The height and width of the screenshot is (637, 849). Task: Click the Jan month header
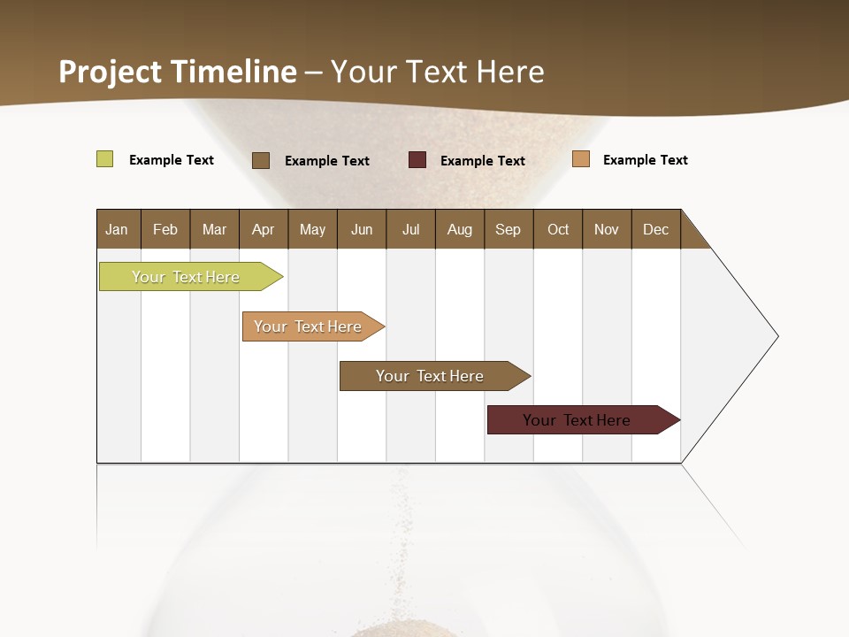pos(117,229)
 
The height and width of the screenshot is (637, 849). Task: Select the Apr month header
pos(263,229)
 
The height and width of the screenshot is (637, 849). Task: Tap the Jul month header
pos(410,229)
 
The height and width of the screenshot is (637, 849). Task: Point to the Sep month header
pos(508,229)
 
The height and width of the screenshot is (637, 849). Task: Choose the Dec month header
pos(655,229)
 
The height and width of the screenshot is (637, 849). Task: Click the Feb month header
pos(165,229)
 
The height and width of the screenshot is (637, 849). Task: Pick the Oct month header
pos(558,229)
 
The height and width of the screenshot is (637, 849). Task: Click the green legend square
pos(104,159)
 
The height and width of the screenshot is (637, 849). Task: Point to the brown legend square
pos(260,160)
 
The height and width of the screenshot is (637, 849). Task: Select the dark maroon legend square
pos(417,160)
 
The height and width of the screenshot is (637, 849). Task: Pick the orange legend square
pos(581,159)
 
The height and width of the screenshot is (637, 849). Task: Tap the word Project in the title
pos(111,72)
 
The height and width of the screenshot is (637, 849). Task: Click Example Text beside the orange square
pos(645,160)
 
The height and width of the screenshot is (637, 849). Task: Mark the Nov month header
pos(607,229)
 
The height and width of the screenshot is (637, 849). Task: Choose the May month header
pos(312,229)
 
